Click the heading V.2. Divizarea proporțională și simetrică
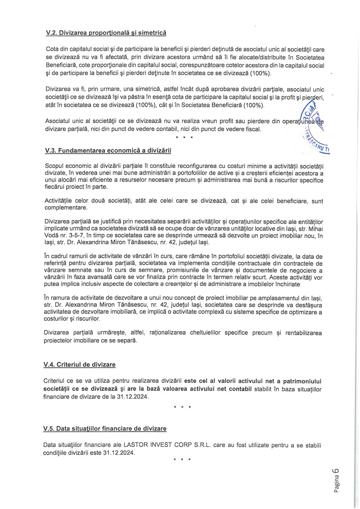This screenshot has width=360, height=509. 105,32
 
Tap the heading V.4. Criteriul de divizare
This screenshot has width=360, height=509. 79,364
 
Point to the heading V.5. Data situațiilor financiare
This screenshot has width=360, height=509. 104,429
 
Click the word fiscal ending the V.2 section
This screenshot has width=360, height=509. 251,129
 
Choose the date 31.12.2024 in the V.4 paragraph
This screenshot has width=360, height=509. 132,397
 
